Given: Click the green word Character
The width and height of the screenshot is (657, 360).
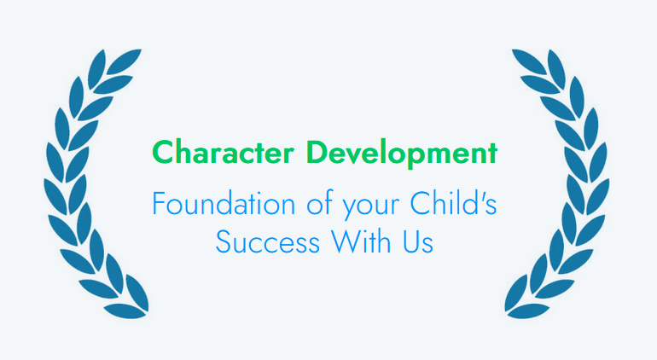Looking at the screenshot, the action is [223, 152].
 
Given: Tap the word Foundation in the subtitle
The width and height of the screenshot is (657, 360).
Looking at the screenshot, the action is [224, 204].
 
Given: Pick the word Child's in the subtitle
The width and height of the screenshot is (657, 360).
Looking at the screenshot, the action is [453, 203].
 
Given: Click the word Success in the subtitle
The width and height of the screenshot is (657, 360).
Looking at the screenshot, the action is [268, 241].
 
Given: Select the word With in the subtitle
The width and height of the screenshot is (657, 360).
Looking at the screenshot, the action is [362, 241].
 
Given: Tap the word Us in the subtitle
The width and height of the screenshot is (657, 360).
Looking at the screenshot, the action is [418, 241].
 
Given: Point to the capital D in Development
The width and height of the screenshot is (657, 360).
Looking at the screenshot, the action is [317, 152].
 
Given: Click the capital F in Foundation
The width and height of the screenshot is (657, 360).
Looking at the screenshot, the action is [159, 204].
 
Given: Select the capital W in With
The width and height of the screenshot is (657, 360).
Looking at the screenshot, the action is [346, 241].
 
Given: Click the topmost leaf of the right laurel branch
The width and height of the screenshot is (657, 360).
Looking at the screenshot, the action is [530, 61].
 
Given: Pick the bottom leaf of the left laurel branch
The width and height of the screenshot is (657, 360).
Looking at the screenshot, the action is [125, 311].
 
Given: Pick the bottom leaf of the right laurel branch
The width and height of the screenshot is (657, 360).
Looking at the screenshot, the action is [528, 311].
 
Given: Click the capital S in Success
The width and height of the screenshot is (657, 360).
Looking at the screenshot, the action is [224, 241].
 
